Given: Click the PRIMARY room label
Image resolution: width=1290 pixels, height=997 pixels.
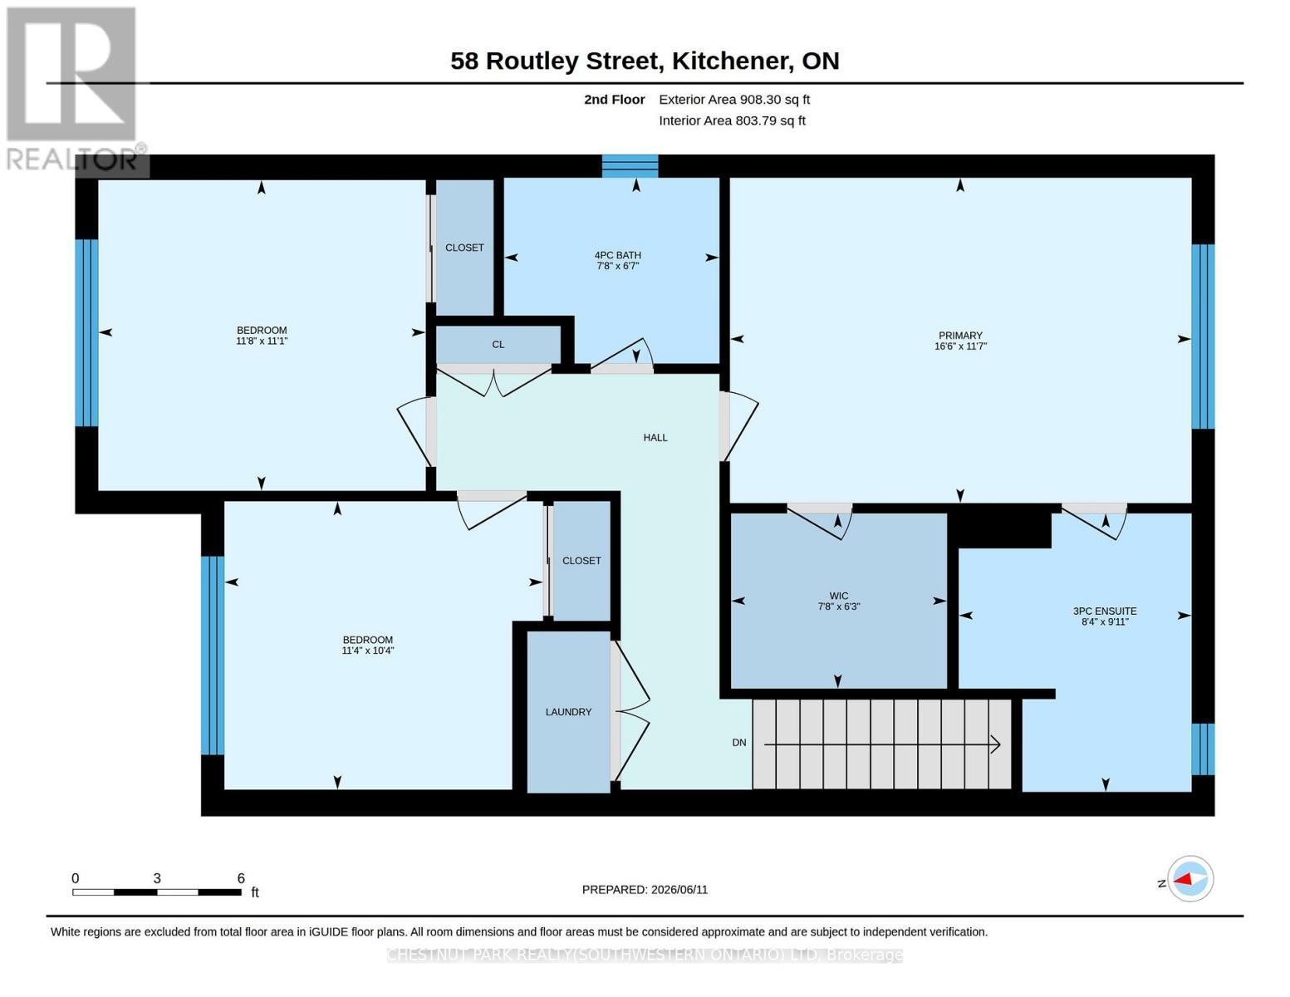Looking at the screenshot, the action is [x=960, y=336].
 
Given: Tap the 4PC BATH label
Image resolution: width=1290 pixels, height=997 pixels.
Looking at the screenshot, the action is [x=617, y=255].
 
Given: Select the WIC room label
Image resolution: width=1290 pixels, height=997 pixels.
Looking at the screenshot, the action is [x=838, y=596].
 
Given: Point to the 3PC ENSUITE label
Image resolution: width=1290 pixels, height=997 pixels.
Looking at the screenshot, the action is [x=1104, y=611].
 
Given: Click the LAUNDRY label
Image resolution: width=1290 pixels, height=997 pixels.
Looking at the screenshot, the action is [x=568, y=711].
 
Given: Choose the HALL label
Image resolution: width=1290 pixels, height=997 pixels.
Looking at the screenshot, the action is [x=655, y=438].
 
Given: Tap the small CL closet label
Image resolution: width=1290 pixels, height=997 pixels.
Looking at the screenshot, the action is [x=498, y=345].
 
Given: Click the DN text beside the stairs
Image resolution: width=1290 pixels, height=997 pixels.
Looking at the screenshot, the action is [x=738, y=742].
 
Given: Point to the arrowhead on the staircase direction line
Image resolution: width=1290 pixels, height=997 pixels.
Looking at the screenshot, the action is [x=996, y=744].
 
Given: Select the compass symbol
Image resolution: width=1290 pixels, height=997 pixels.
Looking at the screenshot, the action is [x=1189, y=879].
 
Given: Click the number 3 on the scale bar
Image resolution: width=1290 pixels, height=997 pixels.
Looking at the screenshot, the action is [x=157, y=878].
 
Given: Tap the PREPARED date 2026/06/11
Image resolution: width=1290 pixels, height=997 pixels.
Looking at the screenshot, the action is [x=679, y=890].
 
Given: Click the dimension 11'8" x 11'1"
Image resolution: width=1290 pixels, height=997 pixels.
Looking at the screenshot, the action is [x=262, y=341].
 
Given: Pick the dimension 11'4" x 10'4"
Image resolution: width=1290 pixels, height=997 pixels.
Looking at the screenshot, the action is [x=367, y=651].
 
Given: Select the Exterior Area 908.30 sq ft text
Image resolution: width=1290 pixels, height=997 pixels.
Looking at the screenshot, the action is [x=734, y=100].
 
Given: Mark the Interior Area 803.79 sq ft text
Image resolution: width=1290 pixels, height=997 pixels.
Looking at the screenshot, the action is [x=732, y=120].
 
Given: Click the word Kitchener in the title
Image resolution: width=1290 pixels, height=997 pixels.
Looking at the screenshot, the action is [x=733, y=61].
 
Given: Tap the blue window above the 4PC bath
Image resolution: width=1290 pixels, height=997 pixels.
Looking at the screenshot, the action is [x=630, y=165].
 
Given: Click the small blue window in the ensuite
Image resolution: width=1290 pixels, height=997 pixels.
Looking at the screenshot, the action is [x=1203, y=749].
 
